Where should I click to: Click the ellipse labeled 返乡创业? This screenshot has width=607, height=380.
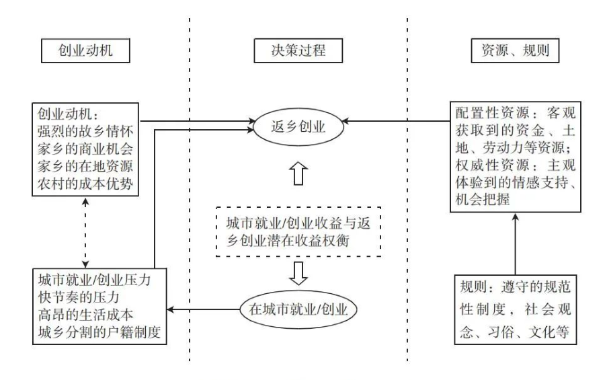click(x=298, y=126)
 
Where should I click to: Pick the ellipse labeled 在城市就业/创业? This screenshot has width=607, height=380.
click(x=296, y=309)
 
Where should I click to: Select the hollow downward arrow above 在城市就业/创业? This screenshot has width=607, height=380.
click(x=298, y=272)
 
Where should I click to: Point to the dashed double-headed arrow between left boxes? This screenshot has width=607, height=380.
click(x=85, y=232)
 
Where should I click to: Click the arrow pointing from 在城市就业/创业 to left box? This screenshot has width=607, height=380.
click(x=202, y=309)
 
